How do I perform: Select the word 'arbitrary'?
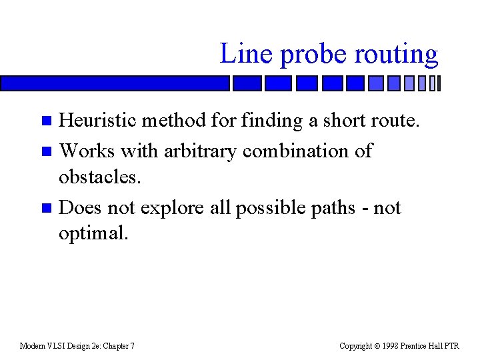pyautogui.click(x=192, y=151)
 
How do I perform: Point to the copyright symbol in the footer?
pyautogui.click(x=377, y=346)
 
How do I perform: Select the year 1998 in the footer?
pyautogui.click(x=390, y=346)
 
